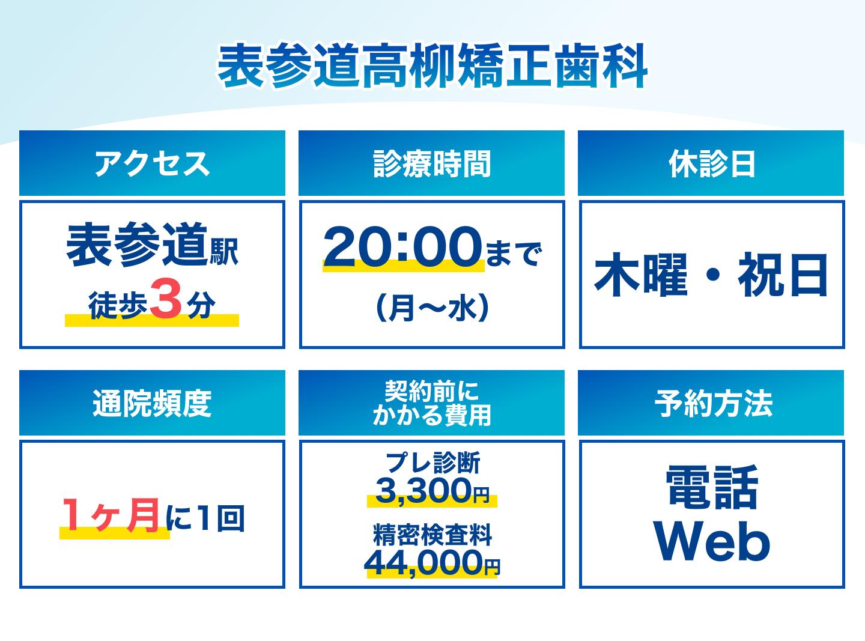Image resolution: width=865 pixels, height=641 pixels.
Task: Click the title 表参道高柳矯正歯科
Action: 432,66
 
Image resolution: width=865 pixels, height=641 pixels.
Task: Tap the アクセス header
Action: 152,163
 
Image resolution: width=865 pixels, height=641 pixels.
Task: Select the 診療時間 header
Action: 432,163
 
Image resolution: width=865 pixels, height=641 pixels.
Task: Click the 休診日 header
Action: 711,163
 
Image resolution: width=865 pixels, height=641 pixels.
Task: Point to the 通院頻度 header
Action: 152,403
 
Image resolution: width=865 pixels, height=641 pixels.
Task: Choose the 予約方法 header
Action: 711,403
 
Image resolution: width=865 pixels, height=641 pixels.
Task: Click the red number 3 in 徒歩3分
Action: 166,303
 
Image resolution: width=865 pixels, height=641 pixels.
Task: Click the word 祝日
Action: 782,275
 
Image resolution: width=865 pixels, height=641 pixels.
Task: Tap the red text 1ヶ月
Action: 111,515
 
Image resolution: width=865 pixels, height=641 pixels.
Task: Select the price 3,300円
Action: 432,490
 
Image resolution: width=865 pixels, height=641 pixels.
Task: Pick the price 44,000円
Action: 432,562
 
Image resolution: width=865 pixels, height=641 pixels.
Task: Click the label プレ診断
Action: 432,463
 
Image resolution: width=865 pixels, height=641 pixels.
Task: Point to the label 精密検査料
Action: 432,535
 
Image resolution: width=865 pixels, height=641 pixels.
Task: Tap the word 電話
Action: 711,487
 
